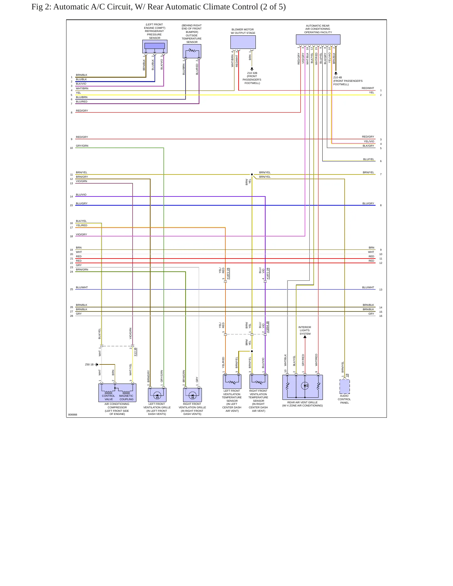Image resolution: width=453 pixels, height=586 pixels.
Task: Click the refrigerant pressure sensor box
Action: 155,46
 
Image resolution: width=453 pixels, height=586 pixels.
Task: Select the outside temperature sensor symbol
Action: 192,51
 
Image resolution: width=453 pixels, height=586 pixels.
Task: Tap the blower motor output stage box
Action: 243,42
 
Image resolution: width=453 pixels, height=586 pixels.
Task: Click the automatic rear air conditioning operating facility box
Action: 318,39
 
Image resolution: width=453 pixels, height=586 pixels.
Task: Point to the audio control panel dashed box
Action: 345,386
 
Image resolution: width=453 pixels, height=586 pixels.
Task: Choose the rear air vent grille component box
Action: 303,387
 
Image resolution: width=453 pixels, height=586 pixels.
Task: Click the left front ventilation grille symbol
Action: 157,395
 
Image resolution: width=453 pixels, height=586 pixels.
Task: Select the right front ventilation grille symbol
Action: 192,395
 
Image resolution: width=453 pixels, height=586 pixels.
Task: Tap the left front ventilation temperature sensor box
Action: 232,382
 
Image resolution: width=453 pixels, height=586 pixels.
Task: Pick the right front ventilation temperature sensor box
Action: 259,382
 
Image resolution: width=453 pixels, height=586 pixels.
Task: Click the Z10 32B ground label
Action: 252,73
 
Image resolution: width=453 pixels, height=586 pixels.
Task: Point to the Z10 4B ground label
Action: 338,77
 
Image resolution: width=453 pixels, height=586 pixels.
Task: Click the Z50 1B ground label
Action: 89,364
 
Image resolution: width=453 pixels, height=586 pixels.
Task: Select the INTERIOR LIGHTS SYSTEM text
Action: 305,330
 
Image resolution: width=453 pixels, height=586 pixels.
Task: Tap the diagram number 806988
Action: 73,415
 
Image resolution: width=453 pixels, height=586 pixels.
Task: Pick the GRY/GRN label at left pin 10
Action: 82,146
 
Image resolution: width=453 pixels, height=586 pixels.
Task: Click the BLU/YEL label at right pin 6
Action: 369,159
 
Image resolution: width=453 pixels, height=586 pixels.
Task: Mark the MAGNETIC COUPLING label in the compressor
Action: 126,397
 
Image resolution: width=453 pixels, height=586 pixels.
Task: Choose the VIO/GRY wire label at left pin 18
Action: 82,234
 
